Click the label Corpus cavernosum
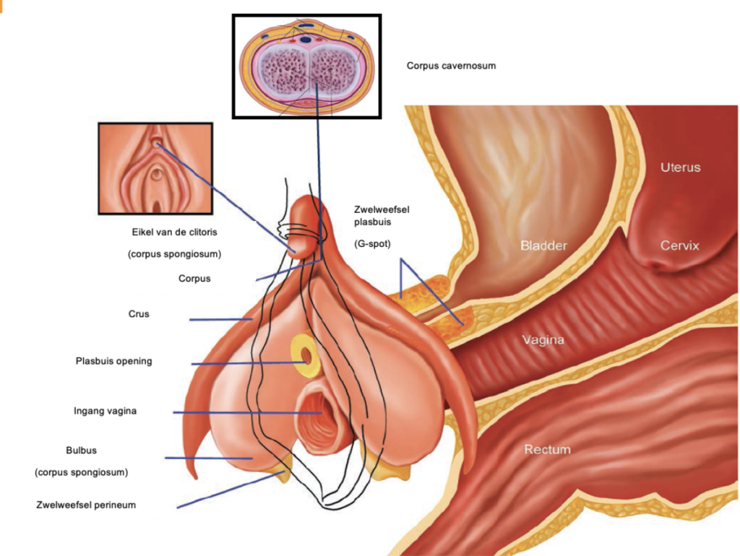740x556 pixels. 451,66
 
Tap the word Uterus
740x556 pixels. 680,168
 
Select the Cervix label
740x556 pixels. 679,246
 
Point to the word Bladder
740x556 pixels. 543,246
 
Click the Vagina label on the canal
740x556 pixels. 543,339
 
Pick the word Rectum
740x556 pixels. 547,449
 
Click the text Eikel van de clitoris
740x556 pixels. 174,233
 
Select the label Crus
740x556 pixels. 139,314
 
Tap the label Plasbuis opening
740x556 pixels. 114,361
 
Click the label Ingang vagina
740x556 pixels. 105,411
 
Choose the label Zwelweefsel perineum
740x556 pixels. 86,505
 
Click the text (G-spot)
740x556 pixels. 372,244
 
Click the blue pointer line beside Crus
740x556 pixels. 220,319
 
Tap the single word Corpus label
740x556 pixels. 194,278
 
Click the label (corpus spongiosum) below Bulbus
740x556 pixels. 81,472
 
